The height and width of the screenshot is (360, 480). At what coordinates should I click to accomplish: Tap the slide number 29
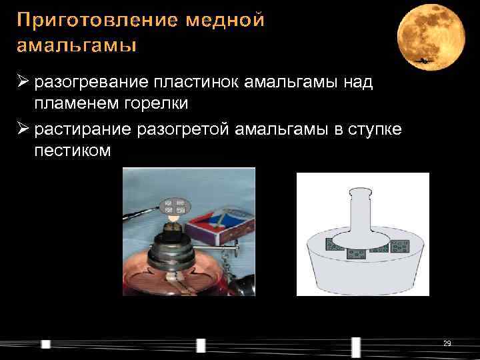[x=447, y=343]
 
